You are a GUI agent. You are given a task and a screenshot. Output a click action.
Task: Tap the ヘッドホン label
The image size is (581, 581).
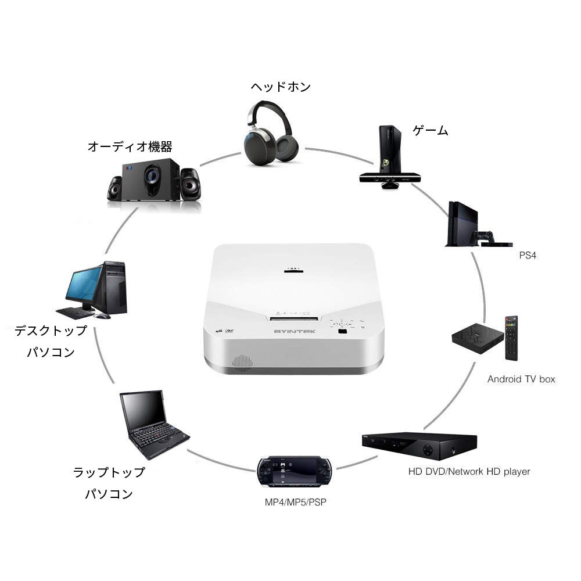click(x=281, y=87)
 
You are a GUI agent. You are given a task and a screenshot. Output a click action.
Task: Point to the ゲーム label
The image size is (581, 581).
click(x=431, y=131)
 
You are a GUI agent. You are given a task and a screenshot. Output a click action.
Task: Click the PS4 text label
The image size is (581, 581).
click(x=528, y=255)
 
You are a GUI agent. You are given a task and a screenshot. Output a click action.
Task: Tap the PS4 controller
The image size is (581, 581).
click(x=482, y=236)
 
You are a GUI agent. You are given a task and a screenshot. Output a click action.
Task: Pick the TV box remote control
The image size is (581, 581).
click(x=511, y=338)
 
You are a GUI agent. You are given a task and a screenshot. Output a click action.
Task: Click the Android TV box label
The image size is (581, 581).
click(x=521, y=379)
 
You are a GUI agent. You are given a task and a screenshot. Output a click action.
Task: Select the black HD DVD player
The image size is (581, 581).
click(x=419, y=446)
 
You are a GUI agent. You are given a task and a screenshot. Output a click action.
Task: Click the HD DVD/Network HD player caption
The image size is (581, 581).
click(x=469, y=471)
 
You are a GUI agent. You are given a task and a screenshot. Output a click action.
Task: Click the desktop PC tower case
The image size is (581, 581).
click(x=114, y=288)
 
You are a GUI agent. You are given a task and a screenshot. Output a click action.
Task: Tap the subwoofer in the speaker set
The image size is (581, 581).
click(x=150, y=179)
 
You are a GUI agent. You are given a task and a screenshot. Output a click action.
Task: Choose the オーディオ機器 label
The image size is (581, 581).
click(x=130, y=146)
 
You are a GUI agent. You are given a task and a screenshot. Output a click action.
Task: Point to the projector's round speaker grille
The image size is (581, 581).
click(x=242, y=363)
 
